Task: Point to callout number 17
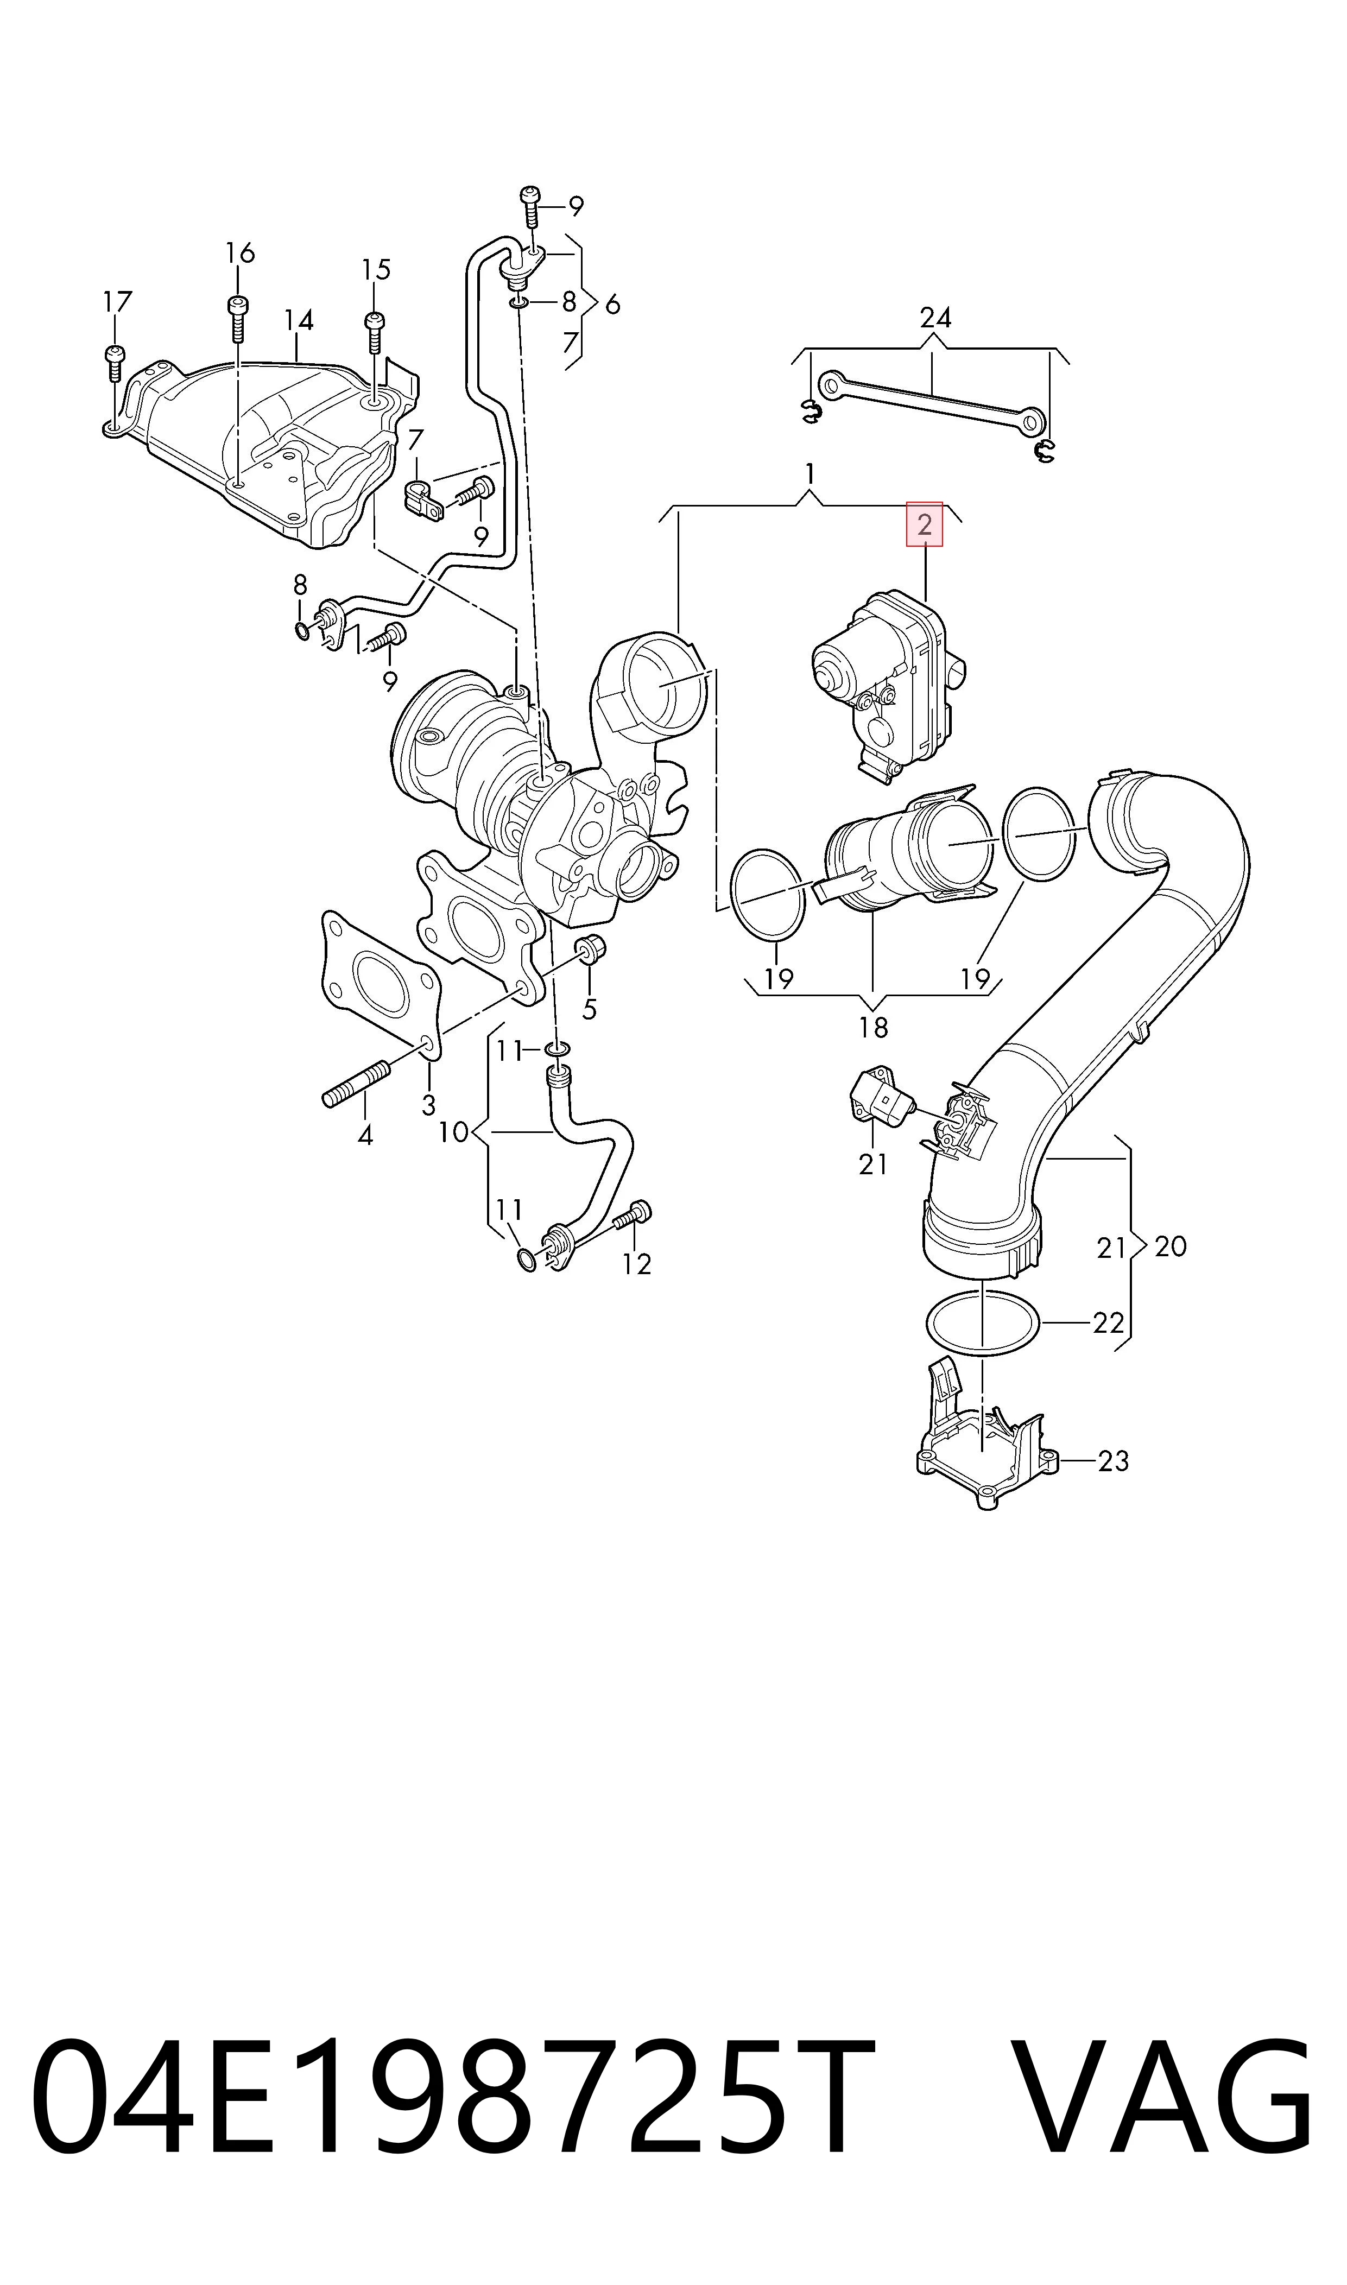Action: click(x=117, y=301)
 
